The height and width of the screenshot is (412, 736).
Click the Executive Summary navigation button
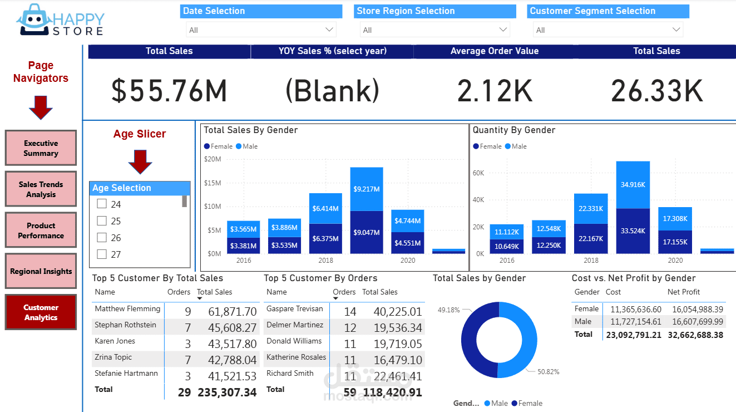(x=41, y=148)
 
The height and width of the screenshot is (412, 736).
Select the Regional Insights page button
(x=41, y=272)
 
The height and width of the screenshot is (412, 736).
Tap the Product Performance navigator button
(x=41, y=230)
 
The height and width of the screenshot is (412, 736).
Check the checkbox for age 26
(x=102, y=238)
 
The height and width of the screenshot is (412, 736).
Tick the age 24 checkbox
(x=102, y=204)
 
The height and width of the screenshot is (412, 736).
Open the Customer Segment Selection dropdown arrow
(x=676, y=30)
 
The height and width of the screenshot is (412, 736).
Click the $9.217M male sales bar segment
(x=367, y=189)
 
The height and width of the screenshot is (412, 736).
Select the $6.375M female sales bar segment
(x=325, y=239)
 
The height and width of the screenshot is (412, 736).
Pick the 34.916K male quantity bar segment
(x=633, y=184)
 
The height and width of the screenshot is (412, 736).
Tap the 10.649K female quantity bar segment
(x=507, y=247)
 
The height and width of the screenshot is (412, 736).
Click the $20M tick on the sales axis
(x=213, y=159)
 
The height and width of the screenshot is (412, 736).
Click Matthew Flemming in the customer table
(x=127, y=309)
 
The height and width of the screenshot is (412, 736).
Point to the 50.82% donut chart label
(x=549, y=371)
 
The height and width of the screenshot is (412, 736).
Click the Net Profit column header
(x=684, y=292)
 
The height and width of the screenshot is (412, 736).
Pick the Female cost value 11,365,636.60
(x=636, y=309)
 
